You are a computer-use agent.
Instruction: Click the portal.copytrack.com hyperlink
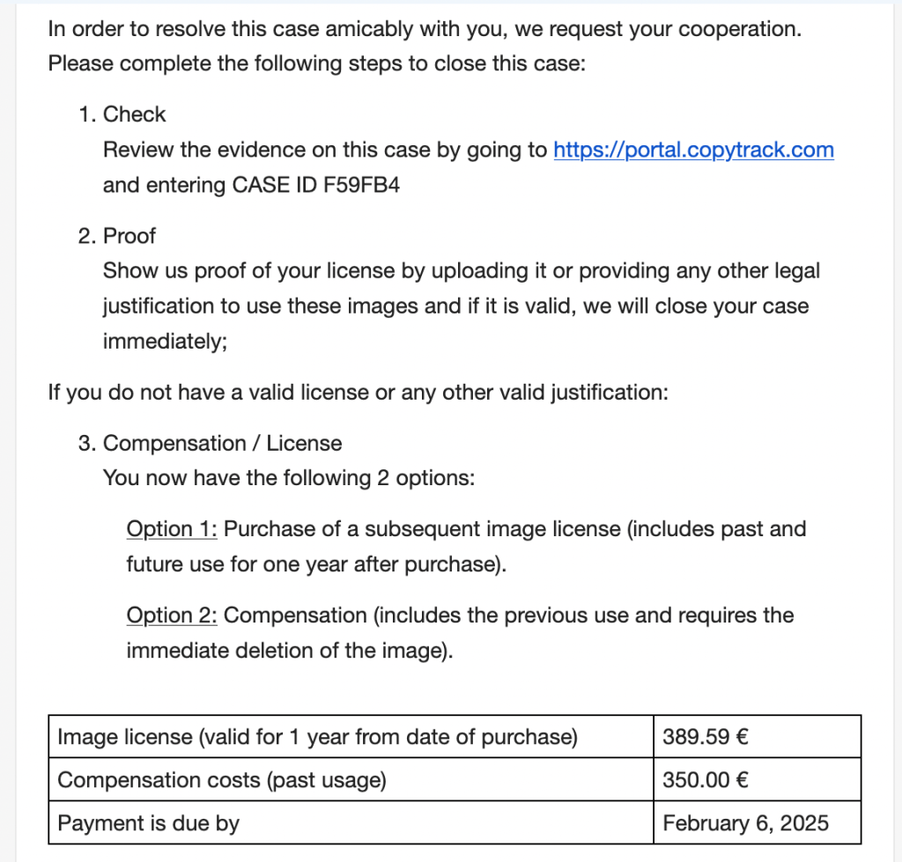tap(693, 151)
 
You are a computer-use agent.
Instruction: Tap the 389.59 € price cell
tap(706, 737)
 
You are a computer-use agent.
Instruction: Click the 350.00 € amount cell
tap(706, 780)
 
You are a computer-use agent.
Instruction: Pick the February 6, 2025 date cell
tap(745, 823)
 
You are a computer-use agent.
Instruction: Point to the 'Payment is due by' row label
tap(148, 823)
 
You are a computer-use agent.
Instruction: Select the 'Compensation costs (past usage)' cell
tap(221, 780)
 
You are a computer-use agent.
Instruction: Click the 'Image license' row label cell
tap(317, 737)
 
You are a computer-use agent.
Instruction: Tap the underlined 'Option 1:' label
tap(172, 529)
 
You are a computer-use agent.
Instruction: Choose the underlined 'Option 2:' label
tap(172, 615)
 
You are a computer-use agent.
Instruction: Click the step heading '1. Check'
tap(122, 114)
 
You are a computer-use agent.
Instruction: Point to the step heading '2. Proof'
tap(118, 236)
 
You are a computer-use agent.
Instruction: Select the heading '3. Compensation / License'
tap(211, 443)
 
